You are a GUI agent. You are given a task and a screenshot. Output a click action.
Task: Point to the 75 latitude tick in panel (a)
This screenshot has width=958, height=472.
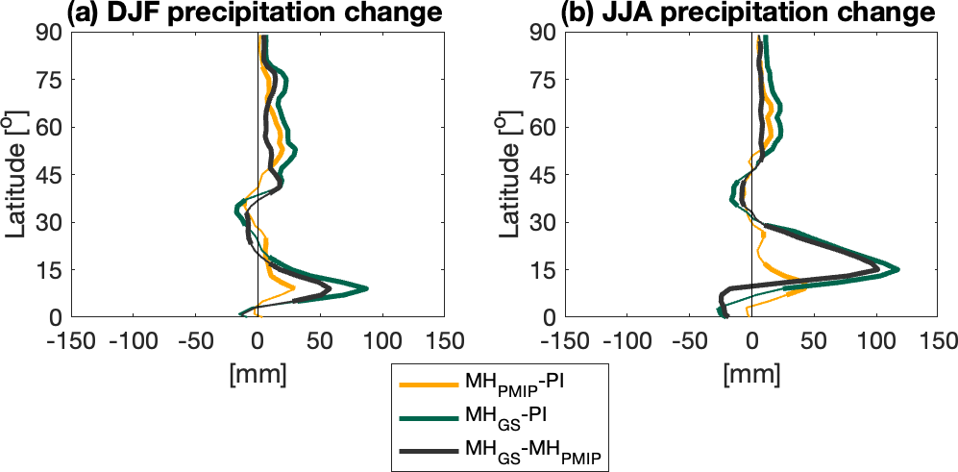tap(49, 80)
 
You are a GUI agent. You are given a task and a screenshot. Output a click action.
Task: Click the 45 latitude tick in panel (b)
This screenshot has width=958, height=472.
tap(542, 175)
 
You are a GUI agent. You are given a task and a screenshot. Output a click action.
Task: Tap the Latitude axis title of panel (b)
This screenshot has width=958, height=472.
tap(508, 175)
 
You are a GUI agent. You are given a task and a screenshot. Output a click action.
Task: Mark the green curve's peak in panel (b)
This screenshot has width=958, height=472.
tap(897, 269)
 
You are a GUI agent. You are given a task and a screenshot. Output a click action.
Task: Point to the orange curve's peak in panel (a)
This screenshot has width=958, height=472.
tap(293, 286)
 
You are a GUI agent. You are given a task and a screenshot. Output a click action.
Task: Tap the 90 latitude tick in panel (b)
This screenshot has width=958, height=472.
tap(542, 33)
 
